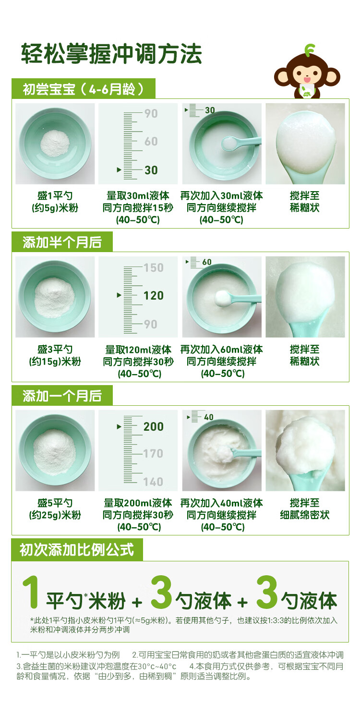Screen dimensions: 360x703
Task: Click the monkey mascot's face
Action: point(307,74)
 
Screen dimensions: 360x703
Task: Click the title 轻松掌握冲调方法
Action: point(111,54)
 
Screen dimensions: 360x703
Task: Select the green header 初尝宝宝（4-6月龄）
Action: point(84,89)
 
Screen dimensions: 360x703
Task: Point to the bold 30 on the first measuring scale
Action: point(151,170)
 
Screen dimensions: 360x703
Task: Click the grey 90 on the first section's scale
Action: point(151,114)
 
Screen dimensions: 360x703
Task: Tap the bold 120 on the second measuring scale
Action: point(154,296)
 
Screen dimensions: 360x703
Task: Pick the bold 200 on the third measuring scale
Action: point(154,427)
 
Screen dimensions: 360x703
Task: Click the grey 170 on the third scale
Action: point(153,453)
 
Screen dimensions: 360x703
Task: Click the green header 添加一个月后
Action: point(62,396)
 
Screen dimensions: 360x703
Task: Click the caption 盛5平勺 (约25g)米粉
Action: point(55,509)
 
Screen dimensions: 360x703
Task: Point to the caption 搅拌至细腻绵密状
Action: point(305,509)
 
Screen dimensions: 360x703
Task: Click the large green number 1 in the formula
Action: point(31,593)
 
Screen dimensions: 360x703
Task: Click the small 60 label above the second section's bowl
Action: point(207,262)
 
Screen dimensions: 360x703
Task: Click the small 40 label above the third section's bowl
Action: point(209,417)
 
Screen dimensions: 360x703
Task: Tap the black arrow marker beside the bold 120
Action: point(119,295)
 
